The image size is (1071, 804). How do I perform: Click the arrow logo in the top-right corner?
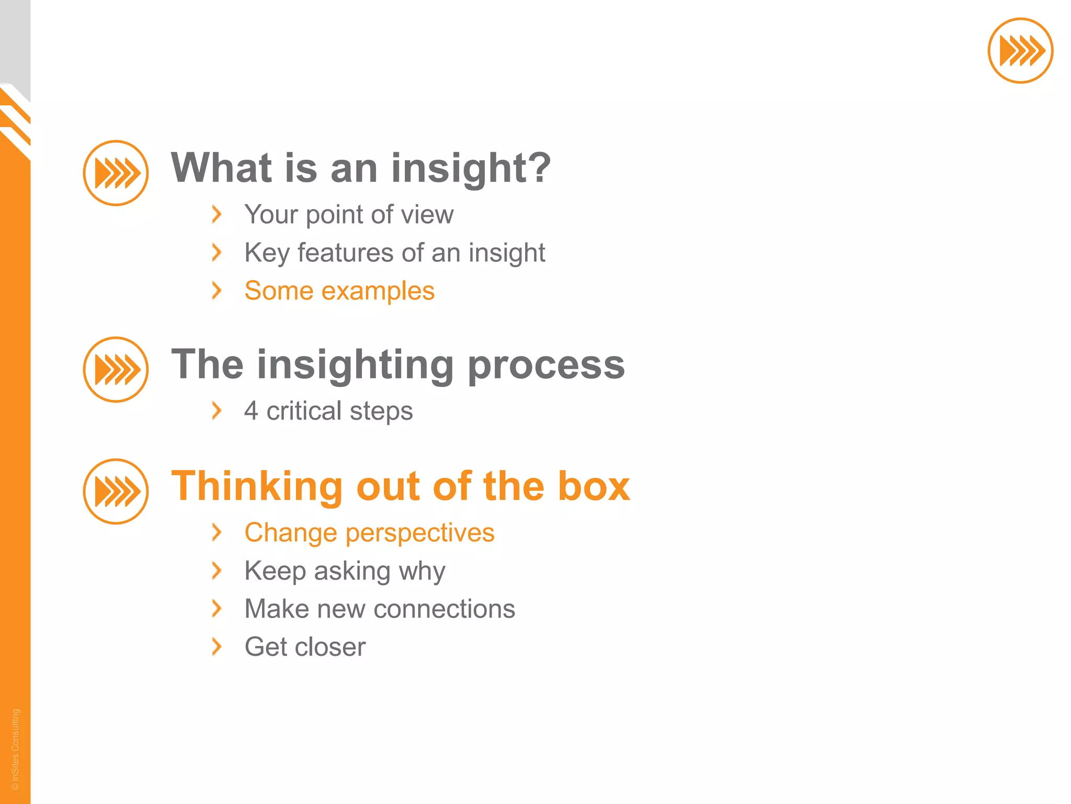(1020, 51)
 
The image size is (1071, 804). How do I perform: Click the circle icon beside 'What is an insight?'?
(116, 173)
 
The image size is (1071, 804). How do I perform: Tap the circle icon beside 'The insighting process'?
(116, 369)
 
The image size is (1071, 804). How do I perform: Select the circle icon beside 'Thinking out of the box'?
(116, 491)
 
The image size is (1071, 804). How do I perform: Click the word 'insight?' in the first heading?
(471, 169)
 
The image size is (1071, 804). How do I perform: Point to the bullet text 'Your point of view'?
(349, 215)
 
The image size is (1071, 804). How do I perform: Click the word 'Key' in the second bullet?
(267, 253)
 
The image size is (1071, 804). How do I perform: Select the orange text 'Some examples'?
(339, 291)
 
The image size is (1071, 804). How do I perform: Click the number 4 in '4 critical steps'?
(251, 411)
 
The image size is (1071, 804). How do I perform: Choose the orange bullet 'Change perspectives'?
(369, 533)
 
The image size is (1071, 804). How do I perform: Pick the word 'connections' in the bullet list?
(444, 609)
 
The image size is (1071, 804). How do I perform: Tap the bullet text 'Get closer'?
(305, 647)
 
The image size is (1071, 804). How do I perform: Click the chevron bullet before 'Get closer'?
(217, 647)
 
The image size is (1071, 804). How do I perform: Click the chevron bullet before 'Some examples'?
(217, 291)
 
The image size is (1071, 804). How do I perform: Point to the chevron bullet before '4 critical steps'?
(217, 411)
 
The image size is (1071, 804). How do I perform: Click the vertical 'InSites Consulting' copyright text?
(15, 749)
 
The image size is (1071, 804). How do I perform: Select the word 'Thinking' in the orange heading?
(256, 486)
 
